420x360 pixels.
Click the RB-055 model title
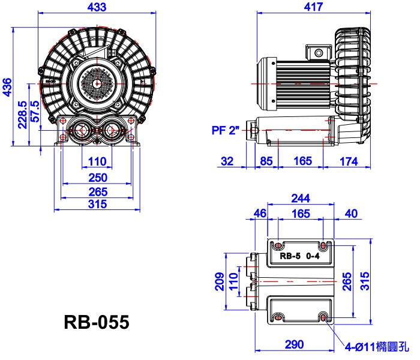[x=97, y=322]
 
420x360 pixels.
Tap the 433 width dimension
[x=97, y=7]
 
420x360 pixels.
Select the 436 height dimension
[x=7, y=87]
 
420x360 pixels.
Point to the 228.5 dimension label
[x=23, y=115]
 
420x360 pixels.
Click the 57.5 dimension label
[x=35, y=112]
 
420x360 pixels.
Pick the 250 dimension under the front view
[x=98, y=178]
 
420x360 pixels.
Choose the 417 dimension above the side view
[x=313, y=7]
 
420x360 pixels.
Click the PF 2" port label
[x=225, y=130]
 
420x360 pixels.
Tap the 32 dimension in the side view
[x=227, y=161]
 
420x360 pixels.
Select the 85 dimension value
[x=266, y=161]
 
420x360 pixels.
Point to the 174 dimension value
[x=349, y=161]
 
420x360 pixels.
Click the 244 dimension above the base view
[x=301, y=198]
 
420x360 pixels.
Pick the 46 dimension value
[x=260, y=214]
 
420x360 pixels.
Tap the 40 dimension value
[x=351, y=214]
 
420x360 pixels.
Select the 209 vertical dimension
[x=220, y=281]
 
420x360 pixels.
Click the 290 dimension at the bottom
[x=294, y=344]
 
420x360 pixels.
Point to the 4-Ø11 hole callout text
[x=377, y=347]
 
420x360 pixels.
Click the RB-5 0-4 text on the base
[x=299, y=256]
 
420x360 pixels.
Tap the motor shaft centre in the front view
[x=97, y=84]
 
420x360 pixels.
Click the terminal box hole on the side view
[x=319, y=53]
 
